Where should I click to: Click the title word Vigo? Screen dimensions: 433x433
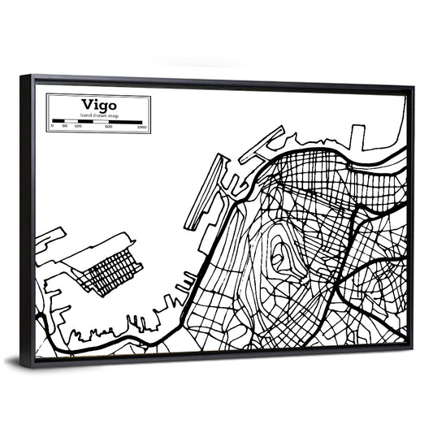coord(97,104)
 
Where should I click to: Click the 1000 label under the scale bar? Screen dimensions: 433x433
coord(141,127)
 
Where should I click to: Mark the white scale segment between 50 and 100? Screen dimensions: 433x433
coord(71,120)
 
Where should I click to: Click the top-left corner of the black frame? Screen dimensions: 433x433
coord(23,77)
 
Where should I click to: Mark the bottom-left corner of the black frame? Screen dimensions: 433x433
coord(31,367)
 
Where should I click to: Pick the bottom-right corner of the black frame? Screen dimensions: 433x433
coord(410,347)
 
